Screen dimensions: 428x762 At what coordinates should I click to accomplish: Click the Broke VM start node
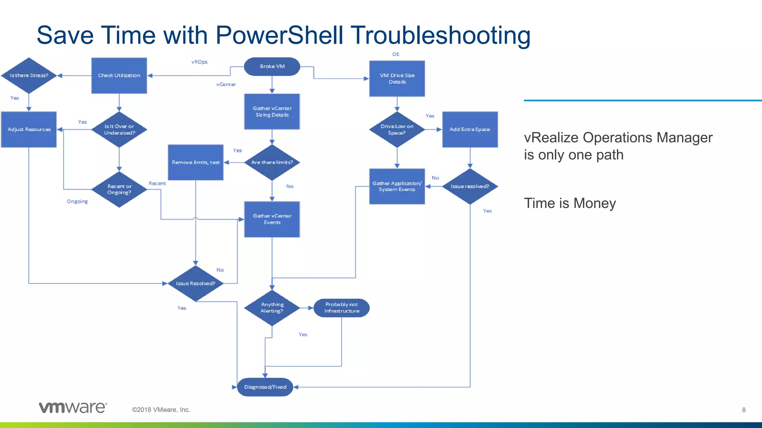coord(272,67)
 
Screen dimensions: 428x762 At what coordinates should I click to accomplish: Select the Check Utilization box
coord(119,75)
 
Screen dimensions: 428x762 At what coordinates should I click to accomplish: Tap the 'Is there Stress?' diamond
coord(29,75)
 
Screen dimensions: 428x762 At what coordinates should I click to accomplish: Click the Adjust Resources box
coord(29,129)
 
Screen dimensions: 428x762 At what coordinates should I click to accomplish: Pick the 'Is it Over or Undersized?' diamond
coord(119,129)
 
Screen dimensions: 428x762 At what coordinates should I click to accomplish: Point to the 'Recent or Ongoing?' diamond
coord(119,189)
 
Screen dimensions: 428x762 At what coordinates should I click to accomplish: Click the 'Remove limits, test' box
coord(196,162)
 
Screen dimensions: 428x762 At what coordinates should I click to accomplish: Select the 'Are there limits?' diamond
coord(272,162)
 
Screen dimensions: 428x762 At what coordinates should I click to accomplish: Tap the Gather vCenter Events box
coord(272,219)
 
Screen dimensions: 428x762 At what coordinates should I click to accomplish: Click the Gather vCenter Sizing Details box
coord(272,111)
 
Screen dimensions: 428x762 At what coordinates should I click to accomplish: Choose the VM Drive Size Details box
coord(397,78)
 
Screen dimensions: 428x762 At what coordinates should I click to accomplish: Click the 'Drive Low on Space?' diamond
coord(397,129)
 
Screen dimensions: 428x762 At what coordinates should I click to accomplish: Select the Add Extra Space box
coord(470,129)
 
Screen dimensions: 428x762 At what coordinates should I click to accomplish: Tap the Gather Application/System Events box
coord(397,186)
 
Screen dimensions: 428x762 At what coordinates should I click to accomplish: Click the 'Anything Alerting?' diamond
coord(272,308)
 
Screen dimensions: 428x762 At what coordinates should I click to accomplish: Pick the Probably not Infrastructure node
coord(342,308)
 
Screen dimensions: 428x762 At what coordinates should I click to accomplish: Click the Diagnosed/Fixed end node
coord(265,387)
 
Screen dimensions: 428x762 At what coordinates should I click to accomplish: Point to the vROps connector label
coord(199,62)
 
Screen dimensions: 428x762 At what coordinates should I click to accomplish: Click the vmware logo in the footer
coord(73,408)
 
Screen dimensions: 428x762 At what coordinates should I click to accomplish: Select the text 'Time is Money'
coord(570,203)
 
